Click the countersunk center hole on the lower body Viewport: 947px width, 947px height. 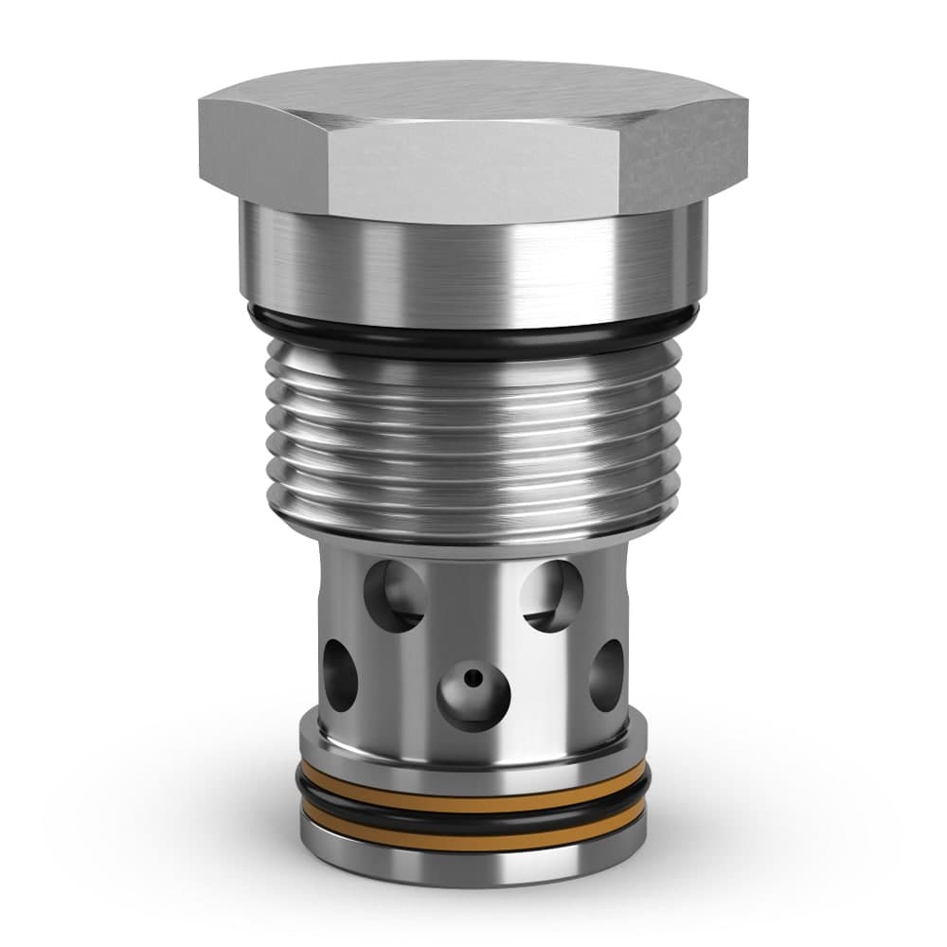473,691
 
